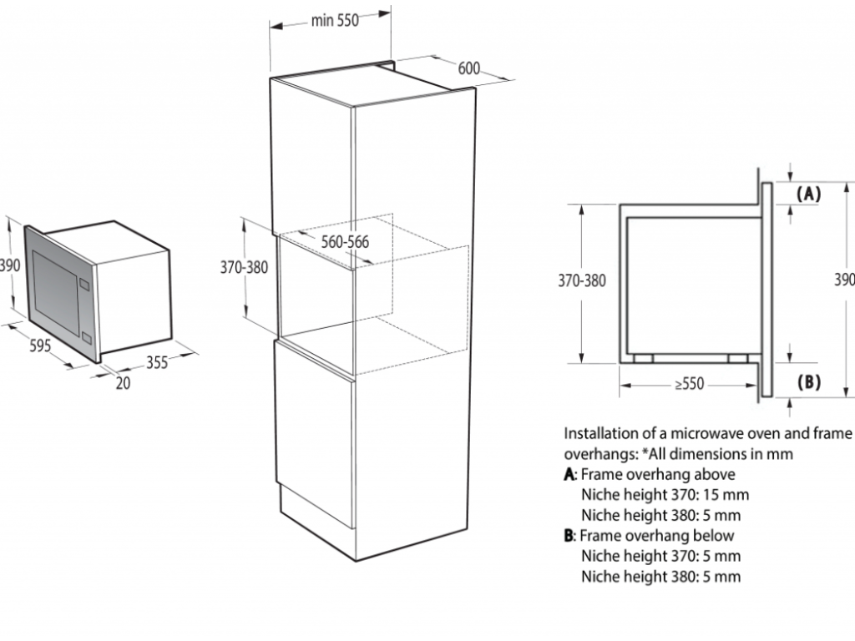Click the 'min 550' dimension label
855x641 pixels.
[x=335, y=20]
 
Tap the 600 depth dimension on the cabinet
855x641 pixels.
[x=469, y=68]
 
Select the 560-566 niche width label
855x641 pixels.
[x=345, y=241]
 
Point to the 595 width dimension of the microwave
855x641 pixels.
[x=40, y=345]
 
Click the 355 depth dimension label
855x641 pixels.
[x=157, y=362]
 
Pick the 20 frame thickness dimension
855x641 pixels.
[x=124, y=383]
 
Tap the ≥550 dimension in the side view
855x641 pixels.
[x=689, y=384]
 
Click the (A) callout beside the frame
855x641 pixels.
[x=808, y=194]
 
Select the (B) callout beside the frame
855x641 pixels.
[x=808, y=381]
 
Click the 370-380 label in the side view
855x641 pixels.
[x=582, y=280]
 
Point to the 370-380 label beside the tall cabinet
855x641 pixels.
[x=245, y=267]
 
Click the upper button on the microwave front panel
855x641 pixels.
[x=84, y=284]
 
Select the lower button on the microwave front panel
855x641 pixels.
[x=86, y=339]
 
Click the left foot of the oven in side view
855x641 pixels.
[x=644, y=358]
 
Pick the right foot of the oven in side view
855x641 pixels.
[x=738, y=358]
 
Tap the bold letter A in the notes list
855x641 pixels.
[x=569, y=475]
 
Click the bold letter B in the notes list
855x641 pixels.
[x=569, y=536]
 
